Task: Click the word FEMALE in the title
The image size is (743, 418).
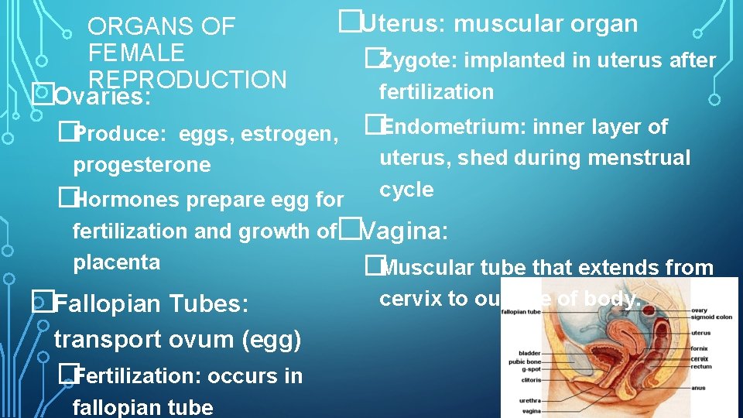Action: click(136, 53)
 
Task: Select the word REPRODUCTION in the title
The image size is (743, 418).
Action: click(188, 80)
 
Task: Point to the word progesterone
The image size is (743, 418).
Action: click(142, 165)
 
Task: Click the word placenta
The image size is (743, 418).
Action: click(116, 262)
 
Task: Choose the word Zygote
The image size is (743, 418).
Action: click(415, 60)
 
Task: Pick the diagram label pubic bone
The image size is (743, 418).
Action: click(525, 362)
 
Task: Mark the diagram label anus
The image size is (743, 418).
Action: click(698, 388)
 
